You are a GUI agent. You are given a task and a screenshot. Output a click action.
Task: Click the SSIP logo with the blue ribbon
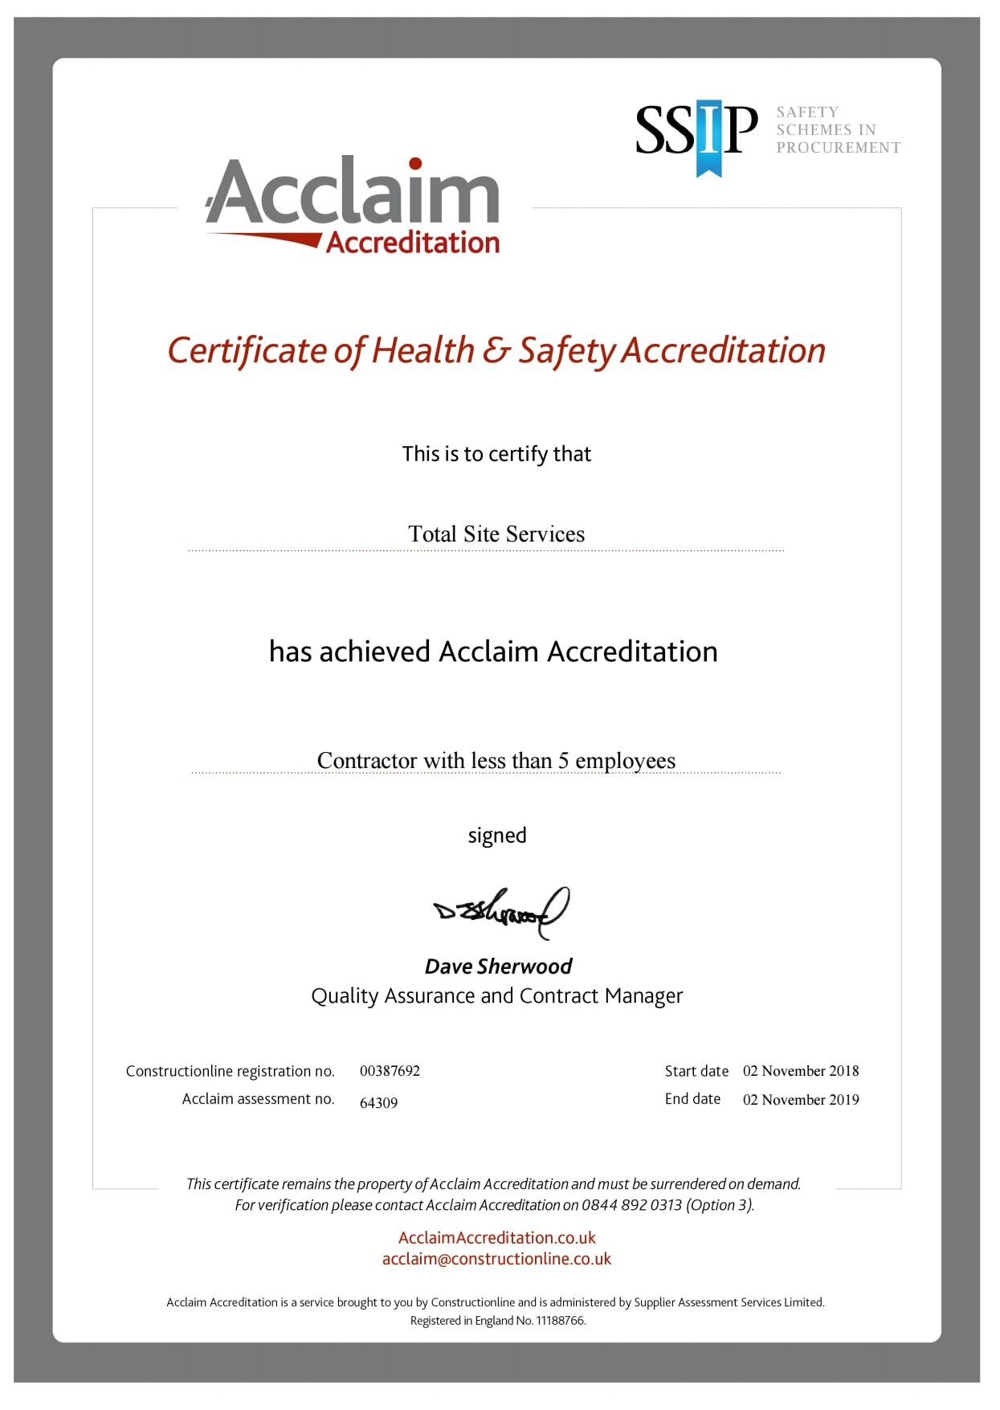(696, 133)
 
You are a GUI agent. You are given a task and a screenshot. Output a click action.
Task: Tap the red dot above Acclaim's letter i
(415, 165)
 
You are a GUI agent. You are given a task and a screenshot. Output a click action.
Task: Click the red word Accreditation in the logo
(413, 243)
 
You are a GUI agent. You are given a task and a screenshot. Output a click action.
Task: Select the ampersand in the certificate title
(496, 351)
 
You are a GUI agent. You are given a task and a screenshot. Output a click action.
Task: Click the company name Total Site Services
(496, 534)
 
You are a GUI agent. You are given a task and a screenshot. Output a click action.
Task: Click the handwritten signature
(501, 912)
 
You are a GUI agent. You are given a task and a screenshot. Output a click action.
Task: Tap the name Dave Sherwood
(498, 967)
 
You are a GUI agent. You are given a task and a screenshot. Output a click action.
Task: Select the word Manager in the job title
(643, 996)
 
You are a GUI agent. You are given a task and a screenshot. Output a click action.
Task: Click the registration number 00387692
(390, 1071)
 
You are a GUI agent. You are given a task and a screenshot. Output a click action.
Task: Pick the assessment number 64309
(378, 1103)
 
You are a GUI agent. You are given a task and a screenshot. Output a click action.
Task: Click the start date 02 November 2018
(801, 1071)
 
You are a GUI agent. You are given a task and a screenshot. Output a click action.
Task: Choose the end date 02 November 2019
(801, 1100)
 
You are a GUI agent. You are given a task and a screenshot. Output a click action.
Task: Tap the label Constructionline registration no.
(230, 1071)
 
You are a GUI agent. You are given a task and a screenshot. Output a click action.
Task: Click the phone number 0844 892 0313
(631, 1205)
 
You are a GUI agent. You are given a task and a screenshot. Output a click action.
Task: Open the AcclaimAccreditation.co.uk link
(497, 1238)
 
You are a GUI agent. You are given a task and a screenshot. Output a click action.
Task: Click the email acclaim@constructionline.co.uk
(496, 1259)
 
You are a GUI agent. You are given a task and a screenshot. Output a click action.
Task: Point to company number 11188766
(560, 1321)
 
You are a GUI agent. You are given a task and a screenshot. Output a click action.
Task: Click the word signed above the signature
(497, 836)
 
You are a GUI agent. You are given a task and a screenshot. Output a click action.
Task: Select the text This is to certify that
(496, 455)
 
